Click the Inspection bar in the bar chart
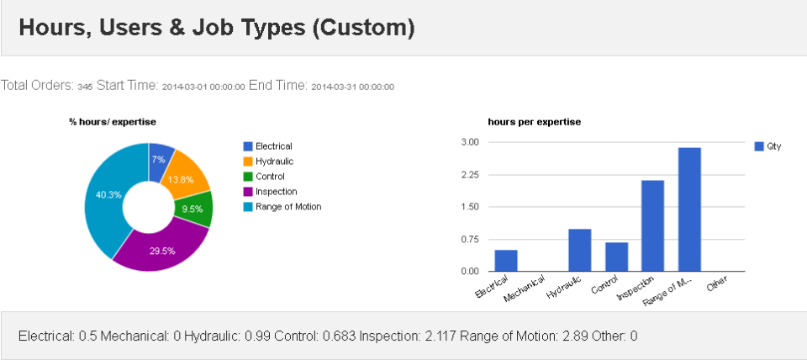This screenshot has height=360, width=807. pyautogui.click(x=651, y=225)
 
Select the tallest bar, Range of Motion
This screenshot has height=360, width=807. pyautogui.click(x=688, y=209)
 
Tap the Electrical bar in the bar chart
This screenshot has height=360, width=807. pyautogui.click(x=505, y=261)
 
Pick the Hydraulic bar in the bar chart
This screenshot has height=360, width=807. pyautogui.click(x=579, y=250)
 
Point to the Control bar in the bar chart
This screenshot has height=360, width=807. pyautogui.click(x=616, y=257)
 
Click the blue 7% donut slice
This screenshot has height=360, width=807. pyautogui.click(x=161, y=155)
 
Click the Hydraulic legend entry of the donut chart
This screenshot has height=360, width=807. pyautogui.click(x=273, y=161)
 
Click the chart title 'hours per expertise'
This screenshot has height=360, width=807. pyautogui.click(x=534, y=122)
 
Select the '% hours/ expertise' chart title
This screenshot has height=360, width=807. pyautogui.click(x=113, y=122)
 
